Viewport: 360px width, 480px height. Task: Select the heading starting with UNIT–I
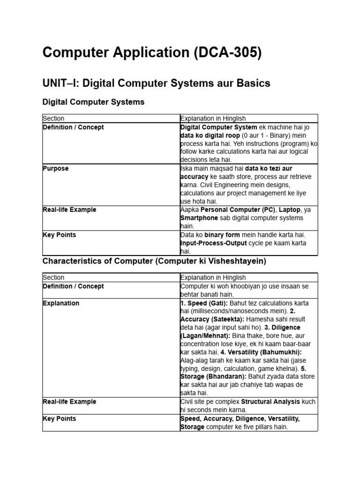[x=156, y=83]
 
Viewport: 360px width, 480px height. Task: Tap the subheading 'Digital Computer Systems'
[x=93, y=102]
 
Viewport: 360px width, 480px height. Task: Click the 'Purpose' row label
[x=55, y=168]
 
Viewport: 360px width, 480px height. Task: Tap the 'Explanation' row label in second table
[x=61, y=303]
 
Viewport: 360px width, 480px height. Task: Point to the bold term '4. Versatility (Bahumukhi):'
[x=262, y=352]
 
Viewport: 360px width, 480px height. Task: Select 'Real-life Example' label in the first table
[x=69, y=210]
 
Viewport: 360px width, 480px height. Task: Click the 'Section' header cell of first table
[x=53, y=119]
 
